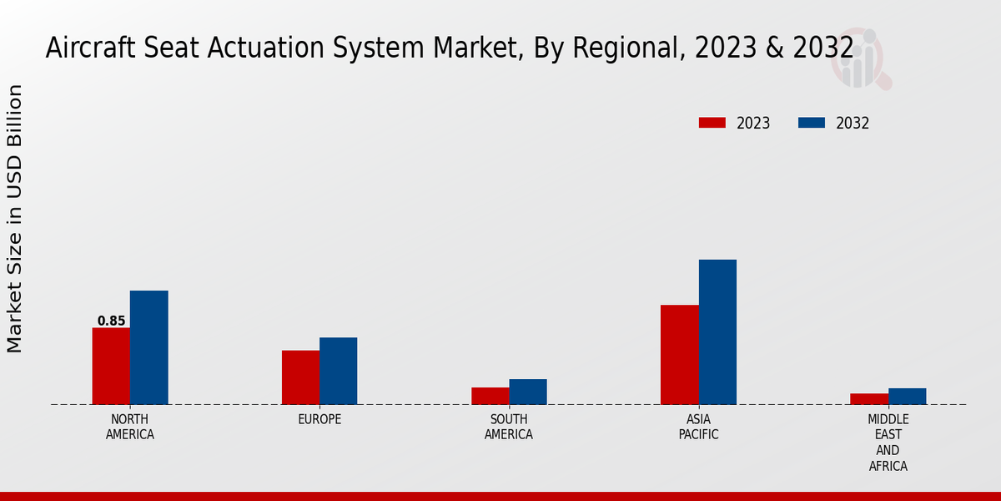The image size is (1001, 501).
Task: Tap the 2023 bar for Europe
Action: [x=300, y=377]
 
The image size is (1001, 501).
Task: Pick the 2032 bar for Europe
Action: [x=338, y=371]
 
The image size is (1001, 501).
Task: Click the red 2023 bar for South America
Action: [x=490, y=396]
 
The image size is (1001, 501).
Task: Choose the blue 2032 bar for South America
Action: [x=528, y=392]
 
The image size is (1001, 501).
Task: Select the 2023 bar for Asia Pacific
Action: [x=679, y=355]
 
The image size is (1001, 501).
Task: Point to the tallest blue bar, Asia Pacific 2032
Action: [x=717, y=332]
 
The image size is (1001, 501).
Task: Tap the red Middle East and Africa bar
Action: [x=869, y=399]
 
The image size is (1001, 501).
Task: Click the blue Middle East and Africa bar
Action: [x=907, y=397]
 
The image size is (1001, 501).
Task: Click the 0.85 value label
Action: [x=111, y=321]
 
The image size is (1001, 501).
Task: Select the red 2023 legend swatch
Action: [x=712, y=123]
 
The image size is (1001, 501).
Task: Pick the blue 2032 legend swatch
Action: [x=811, y=123]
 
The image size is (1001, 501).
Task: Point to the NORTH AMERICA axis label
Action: [x=130, y=427]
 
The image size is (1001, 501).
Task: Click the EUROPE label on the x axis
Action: [x=319, y=419]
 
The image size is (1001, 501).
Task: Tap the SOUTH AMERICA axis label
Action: [x=509, y=427]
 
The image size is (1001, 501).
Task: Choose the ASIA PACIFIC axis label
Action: [x=698, y=427]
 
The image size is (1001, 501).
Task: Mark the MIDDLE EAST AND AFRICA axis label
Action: [x=888, y=443]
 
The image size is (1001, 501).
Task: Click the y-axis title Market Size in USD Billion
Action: [x=15, y=219]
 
